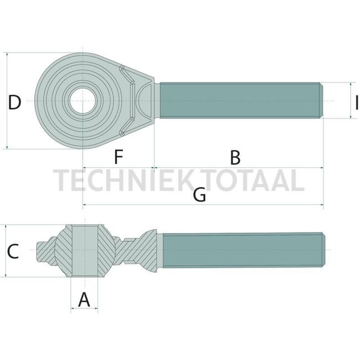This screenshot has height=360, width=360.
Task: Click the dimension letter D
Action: [15, 102]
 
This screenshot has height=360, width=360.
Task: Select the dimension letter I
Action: [357, 101]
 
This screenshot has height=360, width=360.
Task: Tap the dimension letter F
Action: [118, 157]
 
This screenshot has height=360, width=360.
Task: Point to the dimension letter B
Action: [235, 157]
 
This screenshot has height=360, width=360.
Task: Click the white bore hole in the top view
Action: [84, 101]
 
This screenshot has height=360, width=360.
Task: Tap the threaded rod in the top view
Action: [238, 101]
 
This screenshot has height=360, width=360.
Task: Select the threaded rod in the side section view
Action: [241, 250]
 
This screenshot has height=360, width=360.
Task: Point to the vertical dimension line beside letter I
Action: [350, 101]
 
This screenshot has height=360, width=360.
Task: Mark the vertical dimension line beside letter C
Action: [5, 251]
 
